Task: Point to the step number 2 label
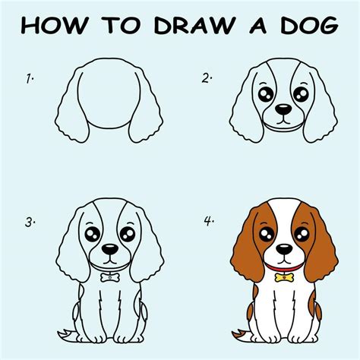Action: tap(206, 77)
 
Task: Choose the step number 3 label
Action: tap(30, 223)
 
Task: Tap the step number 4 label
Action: tap(207, 223)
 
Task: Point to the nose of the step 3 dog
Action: tap(109, 248)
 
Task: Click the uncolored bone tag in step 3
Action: tap(109, 277)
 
